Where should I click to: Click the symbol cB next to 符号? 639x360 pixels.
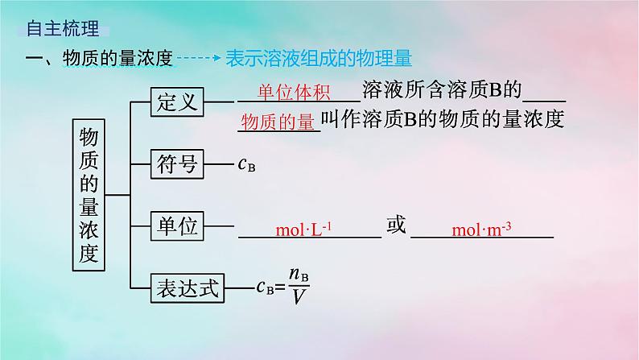[247, 166]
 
